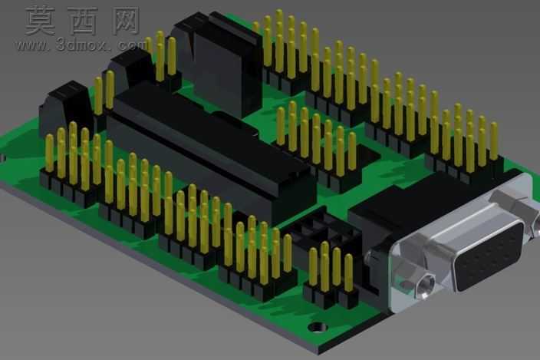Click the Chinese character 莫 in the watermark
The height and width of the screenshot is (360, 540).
click(x=41, y=20)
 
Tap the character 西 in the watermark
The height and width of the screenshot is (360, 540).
click(x=82, y=20)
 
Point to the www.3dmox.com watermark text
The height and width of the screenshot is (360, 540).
click(x=82, y=45)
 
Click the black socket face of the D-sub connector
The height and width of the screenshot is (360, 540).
click(x=489, y=256)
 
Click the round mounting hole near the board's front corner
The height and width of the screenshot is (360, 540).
click(x=318, y=326)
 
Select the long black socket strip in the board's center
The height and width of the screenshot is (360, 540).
click(x=210, y=155)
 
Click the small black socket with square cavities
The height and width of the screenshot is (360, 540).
click(x=322, y=232)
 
